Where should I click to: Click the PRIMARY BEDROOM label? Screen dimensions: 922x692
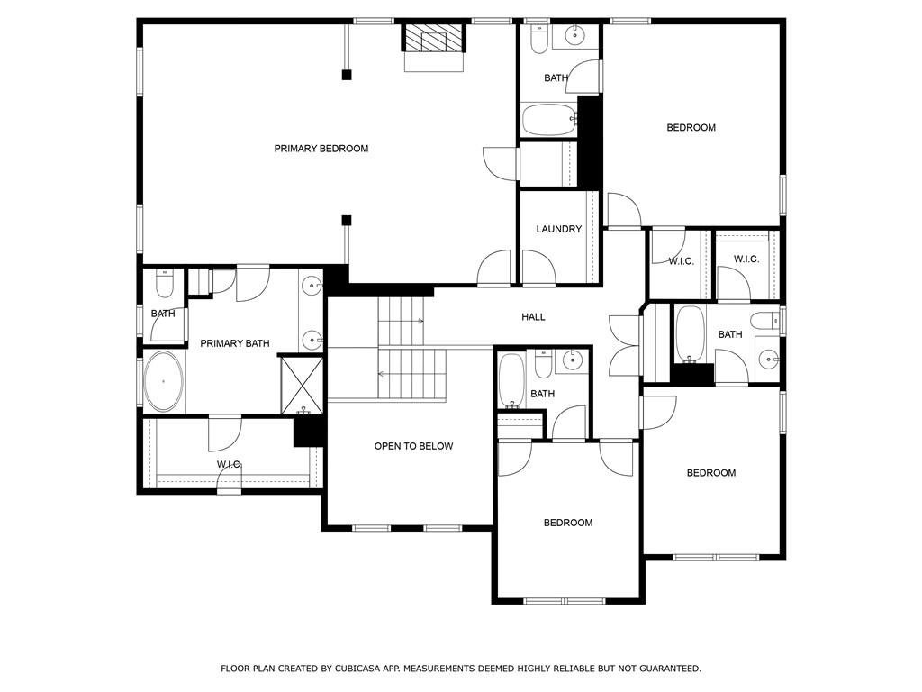(321, 149)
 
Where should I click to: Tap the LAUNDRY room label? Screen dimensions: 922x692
(558, 229)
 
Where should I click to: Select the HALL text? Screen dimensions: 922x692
(533, 317)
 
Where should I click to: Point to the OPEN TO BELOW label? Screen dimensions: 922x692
(413, 446)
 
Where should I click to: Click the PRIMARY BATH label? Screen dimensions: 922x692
(235, 343)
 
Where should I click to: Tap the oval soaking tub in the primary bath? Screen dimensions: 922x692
(164, 381)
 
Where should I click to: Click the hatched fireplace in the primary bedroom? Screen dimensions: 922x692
(434, 38)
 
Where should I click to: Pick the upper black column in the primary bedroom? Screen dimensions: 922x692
(347, 75)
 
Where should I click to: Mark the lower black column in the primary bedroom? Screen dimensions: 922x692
(347, 221)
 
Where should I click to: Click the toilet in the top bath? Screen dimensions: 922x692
(538, 39)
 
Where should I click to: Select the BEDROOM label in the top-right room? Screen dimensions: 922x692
(691, 128)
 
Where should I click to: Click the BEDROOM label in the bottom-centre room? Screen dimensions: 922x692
(568, 523)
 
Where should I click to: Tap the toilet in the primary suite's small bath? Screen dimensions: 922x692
(164, 284)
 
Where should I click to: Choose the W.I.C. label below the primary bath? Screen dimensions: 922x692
(230, 465)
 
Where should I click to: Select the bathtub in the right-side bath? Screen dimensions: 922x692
(690, 333)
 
